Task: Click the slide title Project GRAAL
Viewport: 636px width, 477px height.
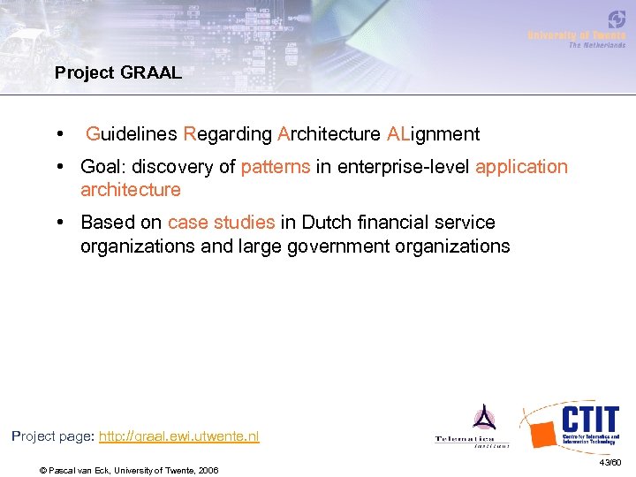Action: point(117,73)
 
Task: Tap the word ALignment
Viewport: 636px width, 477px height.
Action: point(433,134)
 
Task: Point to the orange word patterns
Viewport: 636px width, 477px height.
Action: point(275,167)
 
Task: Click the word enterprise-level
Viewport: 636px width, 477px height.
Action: point(402,167)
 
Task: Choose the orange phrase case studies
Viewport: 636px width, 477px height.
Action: point(221,223)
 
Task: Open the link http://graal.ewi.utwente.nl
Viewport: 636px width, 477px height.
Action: point(179,436)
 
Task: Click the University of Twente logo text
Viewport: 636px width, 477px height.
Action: point(576,35)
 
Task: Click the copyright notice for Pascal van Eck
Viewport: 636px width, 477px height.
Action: point(129,469)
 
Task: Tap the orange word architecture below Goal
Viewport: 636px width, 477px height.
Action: point(130,190)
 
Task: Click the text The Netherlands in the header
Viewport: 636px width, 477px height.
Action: point(596,45)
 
